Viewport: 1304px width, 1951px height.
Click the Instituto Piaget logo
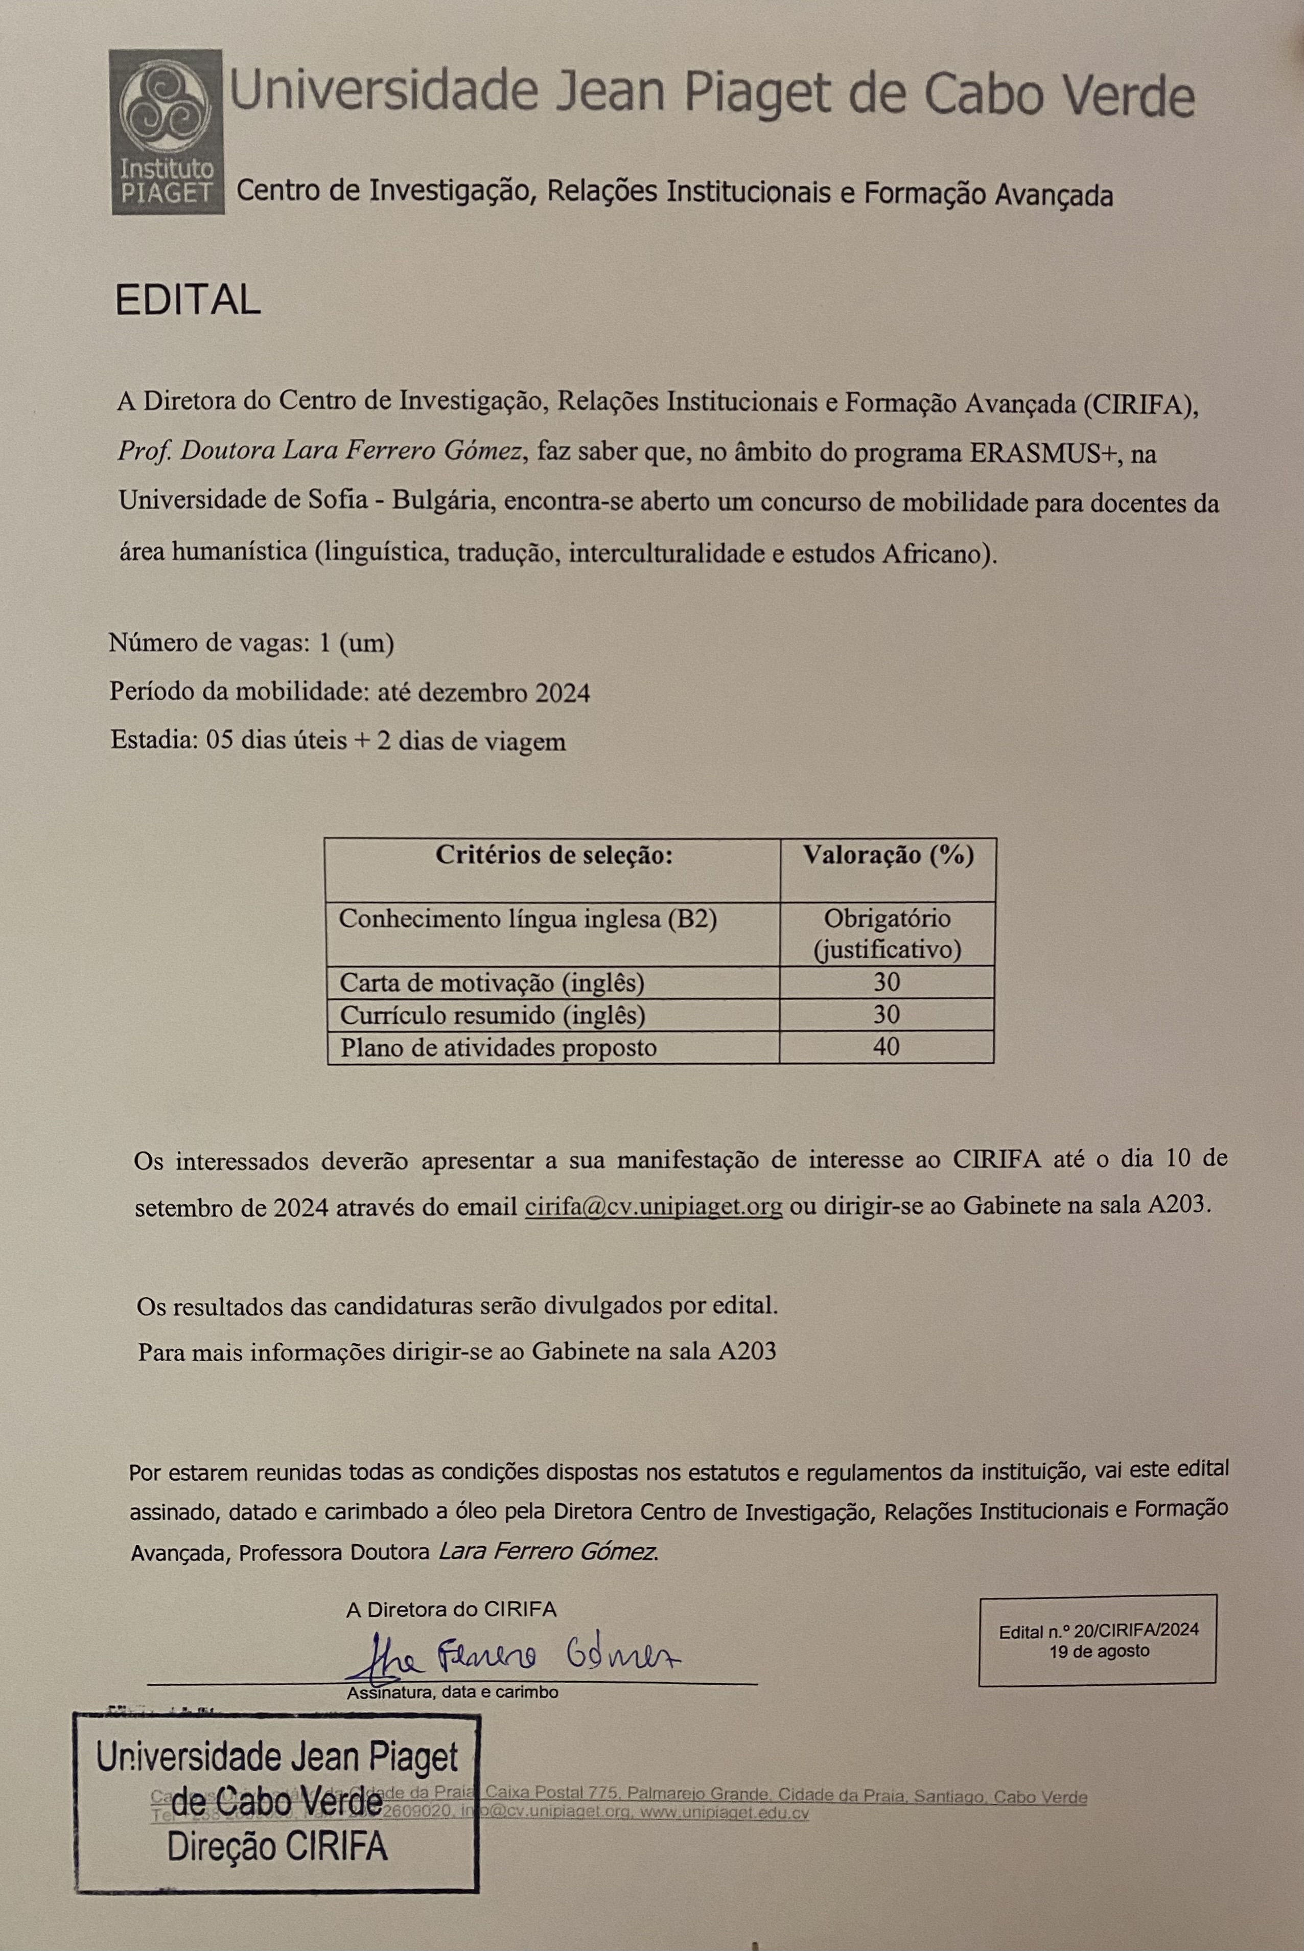pos(167,131)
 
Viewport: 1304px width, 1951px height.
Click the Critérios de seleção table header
pos(553,856)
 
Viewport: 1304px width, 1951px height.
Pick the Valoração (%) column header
pos(888,856)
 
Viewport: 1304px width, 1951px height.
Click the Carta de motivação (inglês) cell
pos(492,982)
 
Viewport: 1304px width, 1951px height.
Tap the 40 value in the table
pos(887,1047)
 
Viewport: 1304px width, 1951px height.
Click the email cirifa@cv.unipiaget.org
pos(654,1206)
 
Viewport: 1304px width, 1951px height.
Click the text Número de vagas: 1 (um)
pos(251,643)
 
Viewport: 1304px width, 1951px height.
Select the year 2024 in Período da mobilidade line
pos(562,693)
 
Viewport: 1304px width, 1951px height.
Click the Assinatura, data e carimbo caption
pos(452,1693)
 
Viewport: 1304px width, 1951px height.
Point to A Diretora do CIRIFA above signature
pos(451,1610)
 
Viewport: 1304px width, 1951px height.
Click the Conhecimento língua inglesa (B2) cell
pos(527,920)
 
